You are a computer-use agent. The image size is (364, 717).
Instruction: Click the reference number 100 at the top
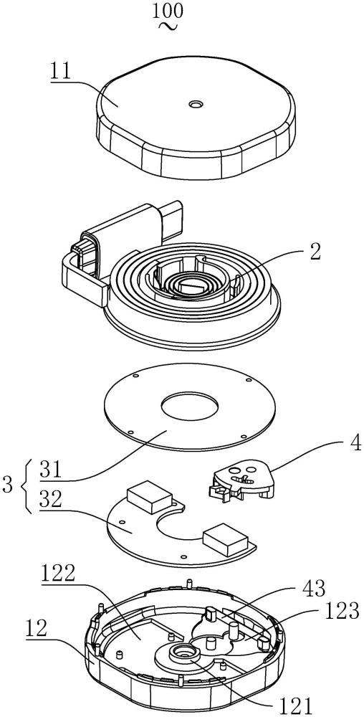[x=168, y=12]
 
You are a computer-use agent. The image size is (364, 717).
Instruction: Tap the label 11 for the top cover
[x=61, y=73]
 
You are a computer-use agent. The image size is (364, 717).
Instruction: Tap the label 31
[x=51, y=470]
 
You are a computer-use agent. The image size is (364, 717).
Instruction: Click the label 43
[x=315, y=589]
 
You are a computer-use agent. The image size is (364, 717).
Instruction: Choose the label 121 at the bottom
[x=297, y=706]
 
